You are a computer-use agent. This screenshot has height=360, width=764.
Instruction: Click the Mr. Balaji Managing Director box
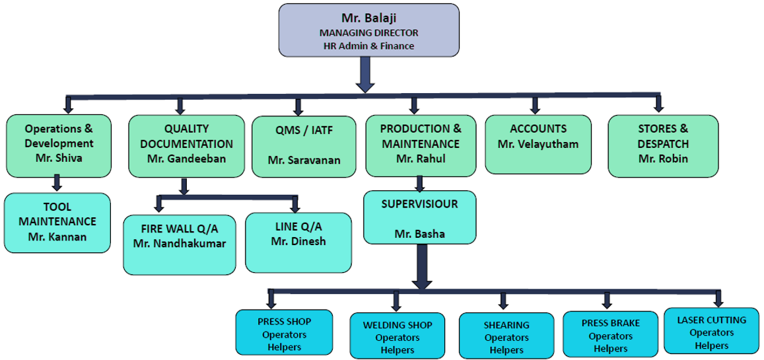point(368,29)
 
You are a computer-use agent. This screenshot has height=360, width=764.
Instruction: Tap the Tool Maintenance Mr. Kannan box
point(57,222)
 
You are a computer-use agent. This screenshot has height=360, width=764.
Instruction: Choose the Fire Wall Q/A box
point(179,243)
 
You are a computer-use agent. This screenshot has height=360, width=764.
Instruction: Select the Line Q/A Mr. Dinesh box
point(298,241)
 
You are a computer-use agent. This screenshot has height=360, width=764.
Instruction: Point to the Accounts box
point(538,144)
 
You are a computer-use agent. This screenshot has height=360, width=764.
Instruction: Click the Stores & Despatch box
point(663,145)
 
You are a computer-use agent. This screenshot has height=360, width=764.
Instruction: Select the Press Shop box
point(285,334)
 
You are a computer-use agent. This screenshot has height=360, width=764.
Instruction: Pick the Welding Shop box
point(398,336)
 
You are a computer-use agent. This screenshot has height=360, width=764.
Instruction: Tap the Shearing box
point(506,336)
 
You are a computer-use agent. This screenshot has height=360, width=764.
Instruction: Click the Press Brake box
point(610,334)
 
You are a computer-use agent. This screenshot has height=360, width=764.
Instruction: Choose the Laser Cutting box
point(712,332)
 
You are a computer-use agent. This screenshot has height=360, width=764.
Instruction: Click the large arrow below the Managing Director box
point(365,75)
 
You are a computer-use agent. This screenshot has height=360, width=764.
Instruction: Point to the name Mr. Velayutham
point(538,143)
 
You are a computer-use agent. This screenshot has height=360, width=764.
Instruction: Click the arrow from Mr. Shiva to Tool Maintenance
point(57,183)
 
